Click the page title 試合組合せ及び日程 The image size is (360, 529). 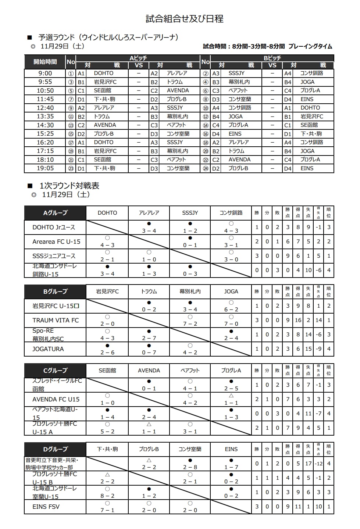click(x=185, y=19)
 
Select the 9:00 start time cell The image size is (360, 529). click(x=45, y=73)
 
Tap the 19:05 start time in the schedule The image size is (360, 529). click(x=45, y=168)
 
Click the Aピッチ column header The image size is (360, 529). click(x=138, y=58)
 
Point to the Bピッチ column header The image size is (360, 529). click(x=272, y=58)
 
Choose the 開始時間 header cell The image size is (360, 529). click(x=45, y=62)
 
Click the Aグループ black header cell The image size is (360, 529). click(x=55, y=213)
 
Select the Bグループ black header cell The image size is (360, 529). click(x=55, y=292)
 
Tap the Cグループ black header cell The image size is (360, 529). click(x=55, y=371)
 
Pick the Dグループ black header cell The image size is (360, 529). click(x=55, y=449)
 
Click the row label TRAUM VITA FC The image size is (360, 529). click(x=56, y=320)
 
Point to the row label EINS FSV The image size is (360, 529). click(x=46, y=507)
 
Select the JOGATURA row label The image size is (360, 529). click(x=48, y=349)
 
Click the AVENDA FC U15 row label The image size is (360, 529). click(x=56, y=399)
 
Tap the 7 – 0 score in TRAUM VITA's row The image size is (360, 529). click(x=231, y=324)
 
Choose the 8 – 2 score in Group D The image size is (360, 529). click(x=107, y=496)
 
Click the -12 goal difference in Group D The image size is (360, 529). click(x=318, y=464)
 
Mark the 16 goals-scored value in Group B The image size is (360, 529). click(x=298, y=320)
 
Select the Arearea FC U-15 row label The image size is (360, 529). click(x=56, y=242)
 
